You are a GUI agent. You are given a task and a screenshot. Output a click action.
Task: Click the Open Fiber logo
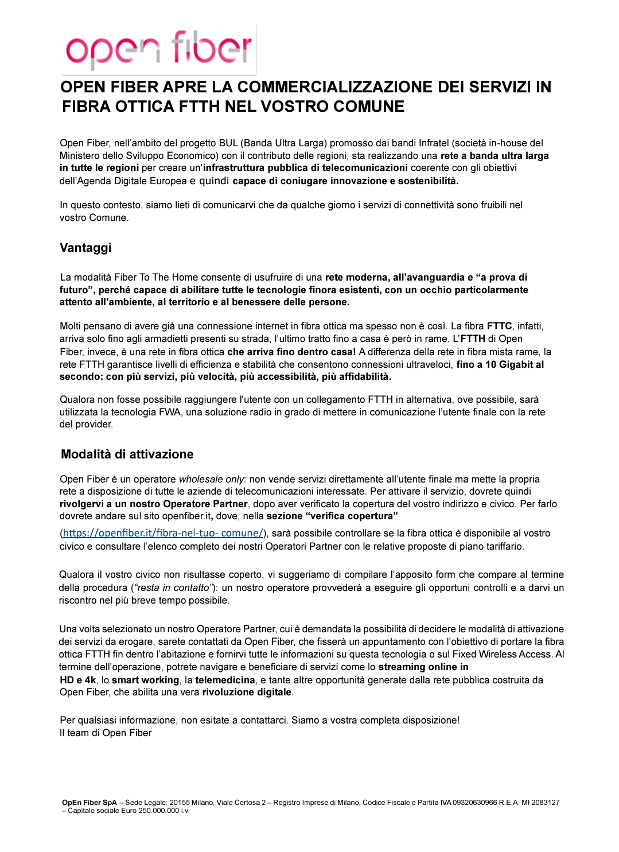159,50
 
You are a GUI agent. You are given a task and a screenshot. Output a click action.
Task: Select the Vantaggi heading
85,248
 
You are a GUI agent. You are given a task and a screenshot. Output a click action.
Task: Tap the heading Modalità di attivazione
127,454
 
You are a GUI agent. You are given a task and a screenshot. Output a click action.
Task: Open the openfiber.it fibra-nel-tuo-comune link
163,533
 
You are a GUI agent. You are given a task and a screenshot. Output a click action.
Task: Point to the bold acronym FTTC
499,326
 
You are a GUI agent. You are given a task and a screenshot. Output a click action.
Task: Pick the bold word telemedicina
225,680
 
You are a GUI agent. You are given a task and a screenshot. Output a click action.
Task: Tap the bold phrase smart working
145,680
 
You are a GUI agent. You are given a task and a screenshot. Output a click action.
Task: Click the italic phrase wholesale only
212,479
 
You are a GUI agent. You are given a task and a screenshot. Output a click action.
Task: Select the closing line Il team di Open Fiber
106,733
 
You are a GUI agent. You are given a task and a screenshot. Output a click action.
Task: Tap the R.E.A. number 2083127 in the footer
546,803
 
